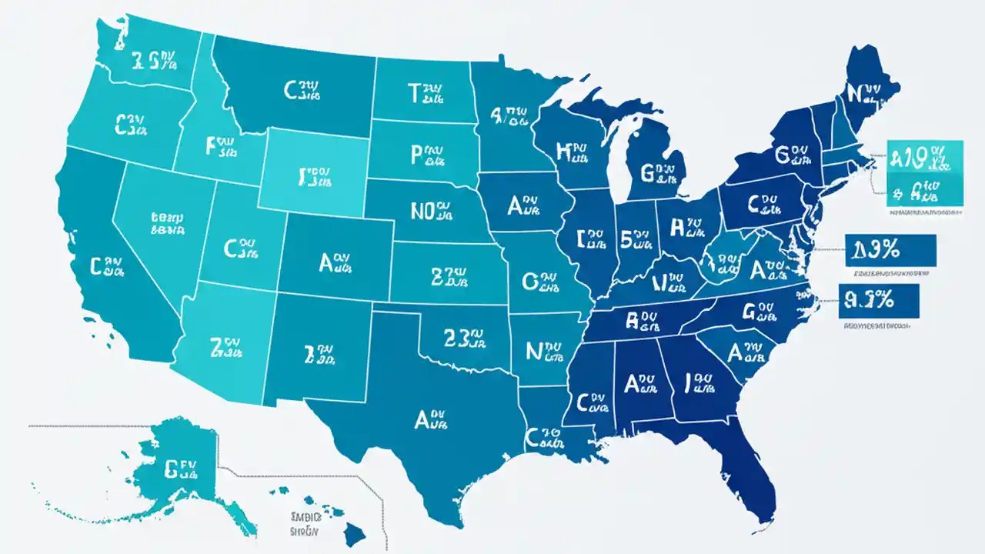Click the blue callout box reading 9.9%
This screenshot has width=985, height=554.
[877, 299]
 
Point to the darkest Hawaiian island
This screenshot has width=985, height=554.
[355, 531]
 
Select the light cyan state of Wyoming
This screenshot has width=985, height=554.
[311, 169]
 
